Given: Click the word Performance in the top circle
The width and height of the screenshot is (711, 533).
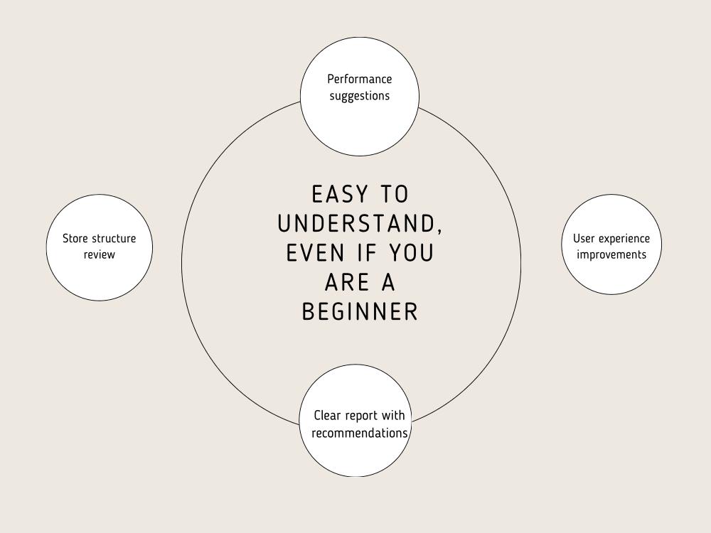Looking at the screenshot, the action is [x=360, y=79].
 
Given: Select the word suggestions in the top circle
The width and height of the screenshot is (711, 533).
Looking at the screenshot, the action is [x=360, y=96].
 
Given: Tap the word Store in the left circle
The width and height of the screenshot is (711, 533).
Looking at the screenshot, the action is [x=75, y=238].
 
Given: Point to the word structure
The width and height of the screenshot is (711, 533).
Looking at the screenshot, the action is [x=114, y=238].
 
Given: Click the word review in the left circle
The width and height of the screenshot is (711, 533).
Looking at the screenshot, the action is [x=100, y=254].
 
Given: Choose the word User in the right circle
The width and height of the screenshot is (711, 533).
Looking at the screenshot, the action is [x=584, y=238].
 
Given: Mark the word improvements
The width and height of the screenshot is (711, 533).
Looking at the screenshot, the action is [x=611, y=255].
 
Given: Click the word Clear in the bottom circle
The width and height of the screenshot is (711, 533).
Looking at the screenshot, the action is [x=327, y=415].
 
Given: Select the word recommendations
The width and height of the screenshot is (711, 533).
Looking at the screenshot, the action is [x=360, y=433].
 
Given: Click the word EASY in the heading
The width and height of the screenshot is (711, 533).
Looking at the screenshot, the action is [x=340, y=195].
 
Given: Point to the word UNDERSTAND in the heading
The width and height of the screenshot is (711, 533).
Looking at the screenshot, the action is [x=357, y=223].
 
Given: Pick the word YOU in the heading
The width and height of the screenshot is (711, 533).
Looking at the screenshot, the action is [x=412, y=253].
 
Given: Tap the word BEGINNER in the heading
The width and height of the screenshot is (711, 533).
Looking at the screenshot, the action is [x=360, y=312].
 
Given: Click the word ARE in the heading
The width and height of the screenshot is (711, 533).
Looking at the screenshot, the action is [x=348, y=282].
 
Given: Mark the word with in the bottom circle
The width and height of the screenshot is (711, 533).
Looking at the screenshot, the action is [x=393, y=415].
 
